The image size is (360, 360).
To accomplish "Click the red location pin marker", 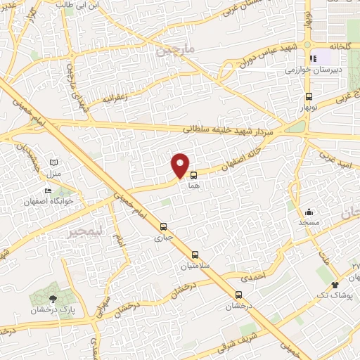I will click(181, 165).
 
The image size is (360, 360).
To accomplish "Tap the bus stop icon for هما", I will click(193, 169).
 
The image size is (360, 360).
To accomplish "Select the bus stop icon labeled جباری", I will click(163, 226).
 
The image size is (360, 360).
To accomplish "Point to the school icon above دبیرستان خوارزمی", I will click(311, 59).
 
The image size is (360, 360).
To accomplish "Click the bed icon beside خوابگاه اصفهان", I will click(48, 191).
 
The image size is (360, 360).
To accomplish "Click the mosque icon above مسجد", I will click(309, 211).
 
